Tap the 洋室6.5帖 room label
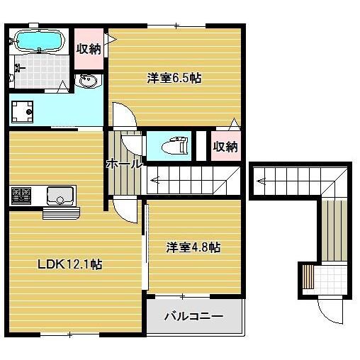point(174,79)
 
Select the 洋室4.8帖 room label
point(193,247)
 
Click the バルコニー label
point(193,316)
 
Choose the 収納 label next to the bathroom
point(89,49)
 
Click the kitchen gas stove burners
point(21,193)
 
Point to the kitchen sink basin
point(60,193)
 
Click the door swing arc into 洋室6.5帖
point(120,114)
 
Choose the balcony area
point(193,316)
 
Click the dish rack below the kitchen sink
point(62,210)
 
